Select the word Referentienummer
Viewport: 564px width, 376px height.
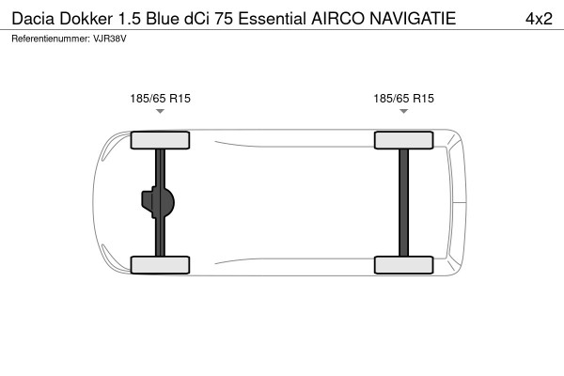[x=49, y=39]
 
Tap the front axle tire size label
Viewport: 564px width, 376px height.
[x=160, y=97]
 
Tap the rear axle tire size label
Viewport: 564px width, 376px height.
[x=403, y=97]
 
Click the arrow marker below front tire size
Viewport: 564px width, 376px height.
[x=160, y=112]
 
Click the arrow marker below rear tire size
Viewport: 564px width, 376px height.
[x=403, y=112]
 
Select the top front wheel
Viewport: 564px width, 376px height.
[x=160, y=141]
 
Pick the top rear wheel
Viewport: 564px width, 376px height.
[x=403, y=141]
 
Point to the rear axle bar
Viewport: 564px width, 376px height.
[x=403, y=202]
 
